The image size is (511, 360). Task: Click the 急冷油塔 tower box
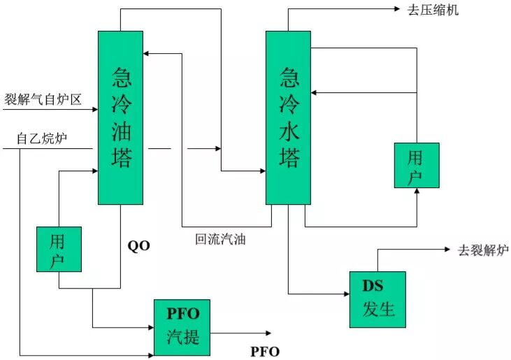click(x=120, y=117)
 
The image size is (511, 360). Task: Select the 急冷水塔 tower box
click(x=288, y=117)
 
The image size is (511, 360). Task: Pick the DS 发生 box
click(x=377, y=299)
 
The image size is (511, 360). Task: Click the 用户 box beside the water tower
click(x=417, y=165)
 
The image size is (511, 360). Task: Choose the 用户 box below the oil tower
click(x=59, y=249)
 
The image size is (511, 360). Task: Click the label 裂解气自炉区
click(x=43, y=100)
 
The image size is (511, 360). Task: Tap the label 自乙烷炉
click(x=42, y=139)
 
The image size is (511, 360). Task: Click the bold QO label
click(x=138, y=245)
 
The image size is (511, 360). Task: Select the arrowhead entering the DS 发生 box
click(x=346, y=294)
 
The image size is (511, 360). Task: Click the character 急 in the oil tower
click(x=120, y=75)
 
